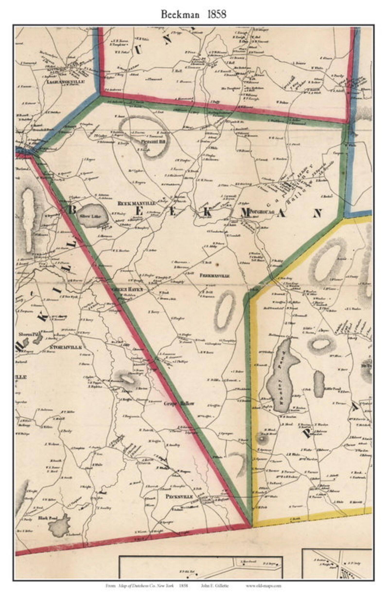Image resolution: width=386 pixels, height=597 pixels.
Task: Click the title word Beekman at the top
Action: pos(180,15)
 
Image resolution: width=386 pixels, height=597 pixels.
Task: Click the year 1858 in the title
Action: pos(217,15)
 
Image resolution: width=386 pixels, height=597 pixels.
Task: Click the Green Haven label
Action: pos(127,289)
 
